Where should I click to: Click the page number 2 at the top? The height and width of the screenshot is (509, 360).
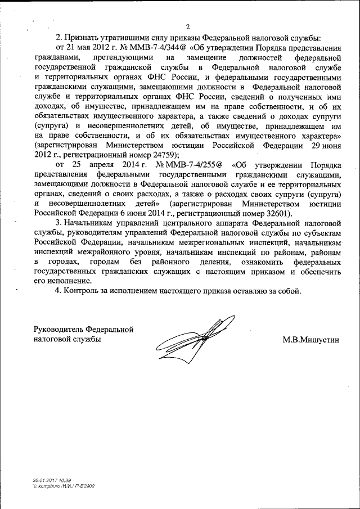pyautogui.click(x=189, y=26)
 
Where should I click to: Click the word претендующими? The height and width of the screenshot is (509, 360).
pyautogui.click(x=124, y=57)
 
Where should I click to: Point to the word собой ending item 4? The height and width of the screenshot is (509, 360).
pyautogui.click(x=290, y=291)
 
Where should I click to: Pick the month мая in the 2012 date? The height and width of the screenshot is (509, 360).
pyautogui.click(x=84, y=48)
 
